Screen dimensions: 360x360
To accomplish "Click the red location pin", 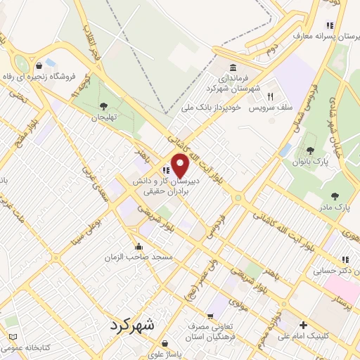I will [x=180, y=167].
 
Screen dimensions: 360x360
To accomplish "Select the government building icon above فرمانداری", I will [x=233, y=68].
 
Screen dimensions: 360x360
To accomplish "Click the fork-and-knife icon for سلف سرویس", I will [x=269, y=96].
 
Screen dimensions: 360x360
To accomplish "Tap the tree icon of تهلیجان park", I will [x=103, y=106].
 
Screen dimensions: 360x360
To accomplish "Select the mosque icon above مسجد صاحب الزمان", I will [x=139, y=246].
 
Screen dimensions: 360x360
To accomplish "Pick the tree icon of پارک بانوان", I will [x=311, y=150].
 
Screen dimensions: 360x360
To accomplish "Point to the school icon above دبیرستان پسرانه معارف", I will [x=330, y=25].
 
